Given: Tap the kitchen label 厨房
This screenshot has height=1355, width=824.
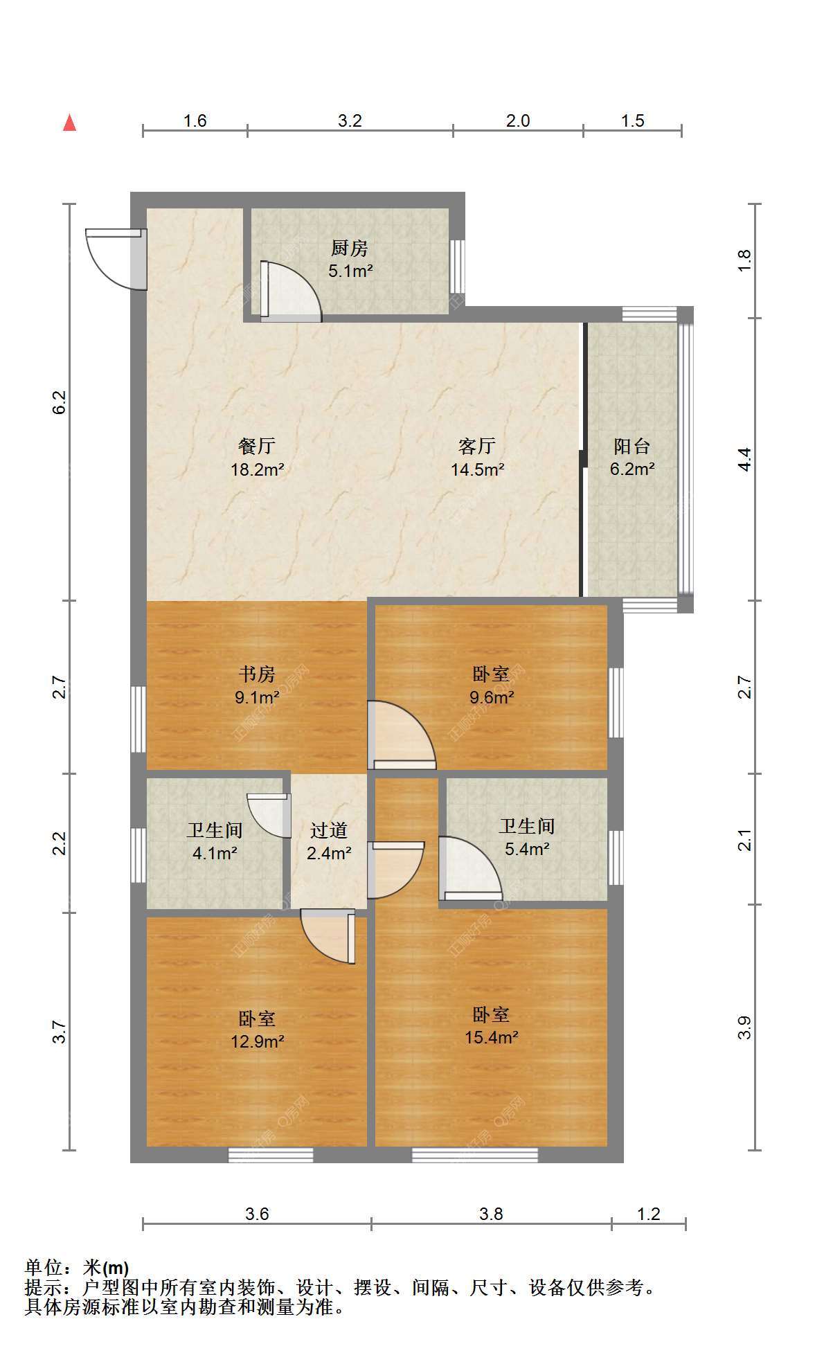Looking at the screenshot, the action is pos(350,248).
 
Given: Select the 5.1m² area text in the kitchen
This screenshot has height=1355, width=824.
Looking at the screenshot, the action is pos(350,271).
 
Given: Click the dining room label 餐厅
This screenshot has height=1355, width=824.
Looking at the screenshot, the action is pos(257,447).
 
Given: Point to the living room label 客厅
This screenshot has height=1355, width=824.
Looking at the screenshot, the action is pos(477,447).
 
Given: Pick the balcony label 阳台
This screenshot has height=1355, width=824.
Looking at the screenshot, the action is pos(632,447).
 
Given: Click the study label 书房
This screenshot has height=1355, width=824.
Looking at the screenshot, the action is pos(257,674).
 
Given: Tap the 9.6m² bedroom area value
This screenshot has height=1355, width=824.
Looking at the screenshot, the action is pos(492,697).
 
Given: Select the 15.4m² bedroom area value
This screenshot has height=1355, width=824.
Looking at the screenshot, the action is pos(492,1037).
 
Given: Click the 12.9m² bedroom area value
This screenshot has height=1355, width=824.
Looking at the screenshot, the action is pos(258,1041).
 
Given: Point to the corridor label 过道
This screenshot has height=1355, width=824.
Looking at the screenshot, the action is pos(329,830).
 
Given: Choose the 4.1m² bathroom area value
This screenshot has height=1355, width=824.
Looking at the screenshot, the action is pos(215,853).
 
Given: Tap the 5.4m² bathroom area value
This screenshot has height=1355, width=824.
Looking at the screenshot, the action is pos(527,849).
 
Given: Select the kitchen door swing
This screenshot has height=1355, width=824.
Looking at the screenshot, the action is pos(291,291).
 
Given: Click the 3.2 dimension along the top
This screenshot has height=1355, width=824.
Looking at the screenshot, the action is pos(350,120).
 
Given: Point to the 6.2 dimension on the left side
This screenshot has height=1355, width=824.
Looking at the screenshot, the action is pos(60,402).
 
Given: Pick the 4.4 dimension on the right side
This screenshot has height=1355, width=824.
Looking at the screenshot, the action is pos(744,460).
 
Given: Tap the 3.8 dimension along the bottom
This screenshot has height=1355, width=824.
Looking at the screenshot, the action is pos(491,1214).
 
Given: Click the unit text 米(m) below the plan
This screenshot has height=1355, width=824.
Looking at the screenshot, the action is pos(105,1268).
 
